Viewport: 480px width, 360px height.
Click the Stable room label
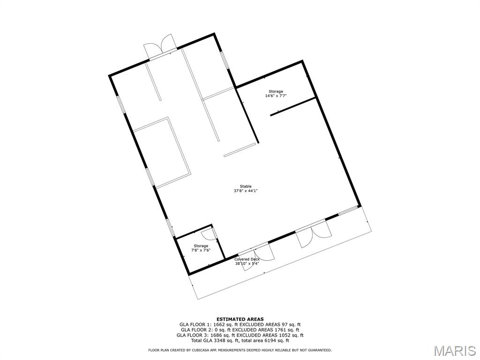tap(246, 186)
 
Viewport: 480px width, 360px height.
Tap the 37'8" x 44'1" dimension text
tap(246, 191)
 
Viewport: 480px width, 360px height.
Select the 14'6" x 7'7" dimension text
tap(276, 96)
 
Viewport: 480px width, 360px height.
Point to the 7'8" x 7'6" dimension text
tap(201, 250)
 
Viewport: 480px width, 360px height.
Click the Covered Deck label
tap(247, 259)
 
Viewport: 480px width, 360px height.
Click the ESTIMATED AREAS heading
tap(240, 319)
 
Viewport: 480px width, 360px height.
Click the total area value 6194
tap(268, 340)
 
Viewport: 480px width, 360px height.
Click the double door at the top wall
tap(160, 47)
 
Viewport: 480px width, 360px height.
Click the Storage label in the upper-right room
tap(276, 91)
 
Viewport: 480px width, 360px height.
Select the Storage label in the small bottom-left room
tap(201, 246)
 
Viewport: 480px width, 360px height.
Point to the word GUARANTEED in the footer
tap(321, 350)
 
